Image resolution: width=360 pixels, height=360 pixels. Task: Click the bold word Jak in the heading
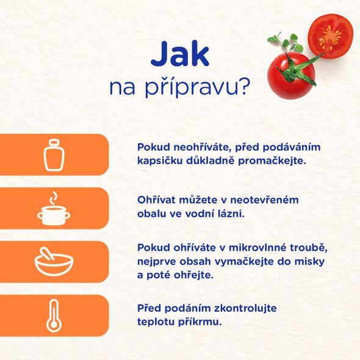click(x=180, y=55)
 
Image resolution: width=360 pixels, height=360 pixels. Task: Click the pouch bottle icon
click(x=53, y=154)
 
